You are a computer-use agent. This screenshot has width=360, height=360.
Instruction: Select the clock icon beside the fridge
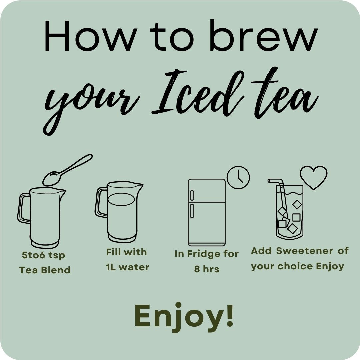[238, 177]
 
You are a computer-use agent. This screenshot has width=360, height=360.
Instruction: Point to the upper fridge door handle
[192, 195]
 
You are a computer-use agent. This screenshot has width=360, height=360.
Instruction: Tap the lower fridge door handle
[192, 211]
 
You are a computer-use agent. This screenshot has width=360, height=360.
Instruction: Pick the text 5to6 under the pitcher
[34, 255]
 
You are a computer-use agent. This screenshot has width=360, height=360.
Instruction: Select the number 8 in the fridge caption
[197, 269]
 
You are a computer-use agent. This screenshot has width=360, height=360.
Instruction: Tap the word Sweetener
[304, 251]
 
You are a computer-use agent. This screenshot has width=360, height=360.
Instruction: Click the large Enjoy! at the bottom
[184, 316]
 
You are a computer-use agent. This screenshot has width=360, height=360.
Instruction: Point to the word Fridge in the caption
[200, 254]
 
